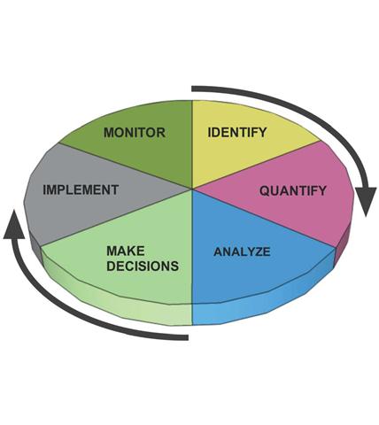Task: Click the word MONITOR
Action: tap(135, 132)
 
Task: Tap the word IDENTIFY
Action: tap(237, 132)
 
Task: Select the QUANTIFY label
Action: tap(293, 190)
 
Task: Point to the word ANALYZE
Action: tap(242, 251)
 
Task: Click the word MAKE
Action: tap(126, 251)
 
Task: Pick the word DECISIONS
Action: tap(143, 266)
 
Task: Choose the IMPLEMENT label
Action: tap(81, 189)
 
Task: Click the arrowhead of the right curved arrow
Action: tap(365, 201)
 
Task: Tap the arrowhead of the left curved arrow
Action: tap(14, 224)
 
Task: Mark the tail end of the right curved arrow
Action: tap(192, 89)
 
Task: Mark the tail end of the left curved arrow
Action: tap(188, 337)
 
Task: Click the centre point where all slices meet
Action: tap(192, 189)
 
